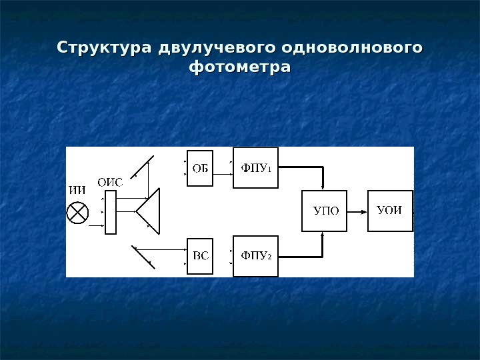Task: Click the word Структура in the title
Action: click(x=105, y=49)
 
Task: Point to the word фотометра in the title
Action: click(x=240, y=67)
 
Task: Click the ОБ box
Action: click(x=200, y=168)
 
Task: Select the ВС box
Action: click(x=200, y=256)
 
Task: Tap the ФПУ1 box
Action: click(x=255, y=167)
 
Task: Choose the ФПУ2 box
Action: click(x=255, y=256)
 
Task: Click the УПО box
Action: click(x=325, y=211)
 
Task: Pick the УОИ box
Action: click(x=390, y=211)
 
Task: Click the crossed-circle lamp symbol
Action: click(x=78, y=213)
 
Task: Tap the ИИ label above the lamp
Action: click(x=77, y=189)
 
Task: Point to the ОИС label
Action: click(x=110, y=181)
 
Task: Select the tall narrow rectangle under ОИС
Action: click(x=111, y=212)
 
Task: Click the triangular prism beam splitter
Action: click(x=151, y=211)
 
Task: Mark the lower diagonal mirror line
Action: click(x=143, y=257)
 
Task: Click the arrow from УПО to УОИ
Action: click(x=357, y=211)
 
